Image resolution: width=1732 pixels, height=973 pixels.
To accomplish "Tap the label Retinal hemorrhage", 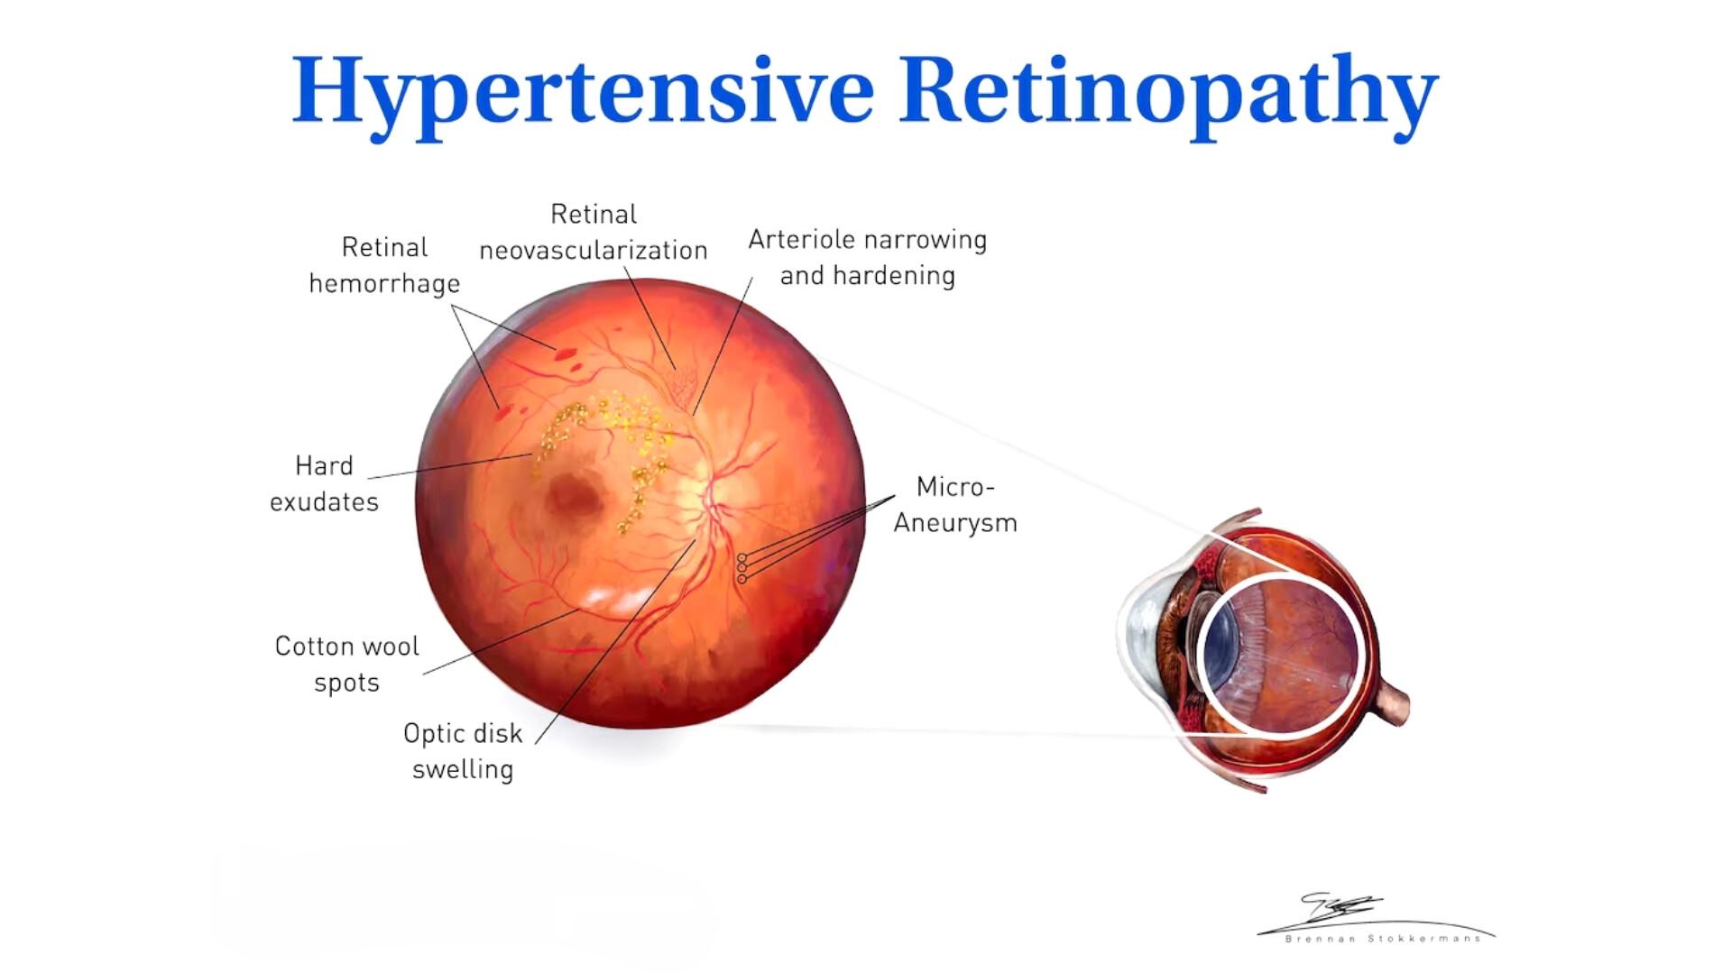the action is tap(384, 265).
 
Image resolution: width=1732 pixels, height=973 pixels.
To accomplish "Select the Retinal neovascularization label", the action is tap(594, 232).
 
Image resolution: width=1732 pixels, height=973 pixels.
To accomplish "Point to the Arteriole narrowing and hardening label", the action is tap(868, 257).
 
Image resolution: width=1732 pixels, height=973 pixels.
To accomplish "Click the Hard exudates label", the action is tap(324, 483).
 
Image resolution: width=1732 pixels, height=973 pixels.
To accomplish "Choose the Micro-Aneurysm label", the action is tap(955, 505).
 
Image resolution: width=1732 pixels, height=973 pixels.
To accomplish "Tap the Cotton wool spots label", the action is tap(346, 665).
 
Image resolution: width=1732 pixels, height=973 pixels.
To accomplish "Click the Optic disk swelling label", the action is tap(463, 751).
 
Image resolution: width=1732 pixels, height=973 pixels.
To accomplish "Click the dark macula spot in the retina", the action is tap(575, 495).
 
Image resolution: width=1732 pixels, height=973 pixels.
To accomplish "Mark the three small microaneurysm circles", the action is tap(742, 569).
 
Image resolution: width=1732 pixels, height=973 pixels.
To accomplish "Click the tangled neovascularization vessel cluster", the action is tap(682, 386).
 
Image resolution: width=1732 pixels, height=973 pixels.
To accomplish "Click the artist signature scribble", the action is tap(1341, 907).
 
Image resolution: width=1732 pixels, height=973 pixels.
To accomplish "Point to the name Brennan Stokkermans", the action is tap(1382, 939).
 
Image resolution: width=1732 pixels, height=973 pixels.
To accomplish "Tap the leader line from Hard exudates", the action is tap(450, 465).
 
